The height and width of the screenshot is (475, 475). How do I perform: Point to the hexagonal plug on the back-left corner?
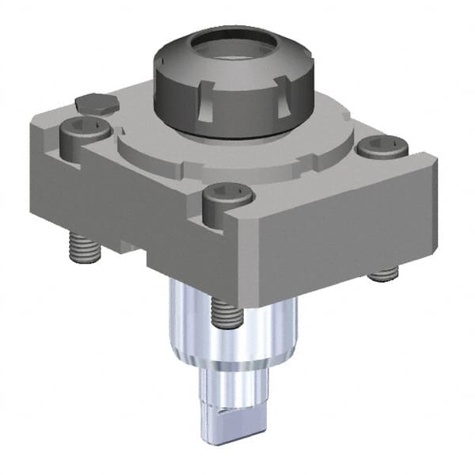97,103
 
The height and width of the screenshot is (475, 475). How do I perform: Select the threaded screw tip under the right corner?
382,275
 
